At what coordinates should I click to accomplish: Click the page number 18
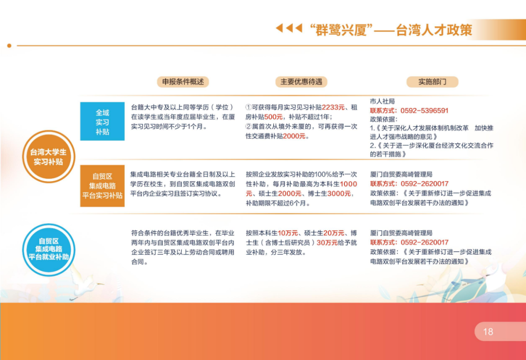point(488,332)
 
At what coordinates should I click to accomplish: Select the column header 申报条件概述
point(183,82)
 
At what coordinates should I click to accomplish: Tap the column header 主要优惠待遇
point(301,82)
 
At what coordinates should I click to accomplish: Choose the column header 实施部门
point(432,82)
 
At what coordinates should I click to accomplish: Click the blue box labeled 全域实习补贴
point(102,121)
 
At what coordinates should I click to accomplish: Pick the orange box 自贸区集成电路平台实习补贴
point(102,186)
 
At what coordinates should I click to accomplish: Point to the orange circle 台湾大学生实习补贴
point(49,157)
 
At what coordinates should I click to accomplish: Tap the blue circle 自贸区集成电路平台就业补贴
point(49,250)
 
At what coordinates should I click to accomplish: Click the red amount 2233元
point(333,107)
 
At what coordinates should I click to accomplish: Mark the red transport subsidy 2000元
point(294,136)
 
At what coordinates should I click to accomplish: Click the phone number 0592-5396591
point(424,111)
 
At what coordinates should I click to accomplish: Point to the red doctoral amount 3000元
point(339,193)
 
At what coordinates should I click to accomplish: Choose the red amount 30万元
point(327,243)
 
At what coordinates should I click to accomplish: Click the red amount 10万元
point(288,233)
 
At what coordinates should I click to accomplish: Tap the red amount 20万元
point(334,233)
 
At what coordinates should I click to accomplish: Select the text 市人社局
point(382,101)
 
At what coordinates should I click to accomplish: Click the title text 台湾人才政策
point(434,30)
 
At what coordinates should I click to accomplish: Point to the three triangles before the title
point(289,28)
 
